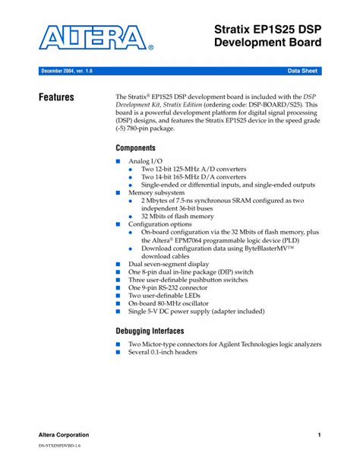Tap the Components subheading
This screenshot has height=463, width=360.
[x=136, y=147]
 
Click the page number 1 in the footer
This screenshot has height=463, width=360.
[x=320, y=434]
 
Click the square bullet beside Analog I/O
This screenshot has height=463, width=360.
[x=118, y=162]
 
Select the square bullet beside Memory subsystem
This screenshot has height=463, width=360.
[x=118, y=193]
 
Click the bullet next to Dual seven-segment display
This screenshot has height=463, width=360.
[x=118, y=264]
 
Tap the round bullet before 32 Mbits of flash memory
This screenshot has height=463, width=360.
[x=131, y=216]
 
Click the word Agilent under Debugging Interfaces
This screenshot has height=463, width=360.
[x=232, y=344]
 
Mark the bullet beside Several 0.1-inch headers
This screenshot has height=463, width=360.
[x=118, y=353]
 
